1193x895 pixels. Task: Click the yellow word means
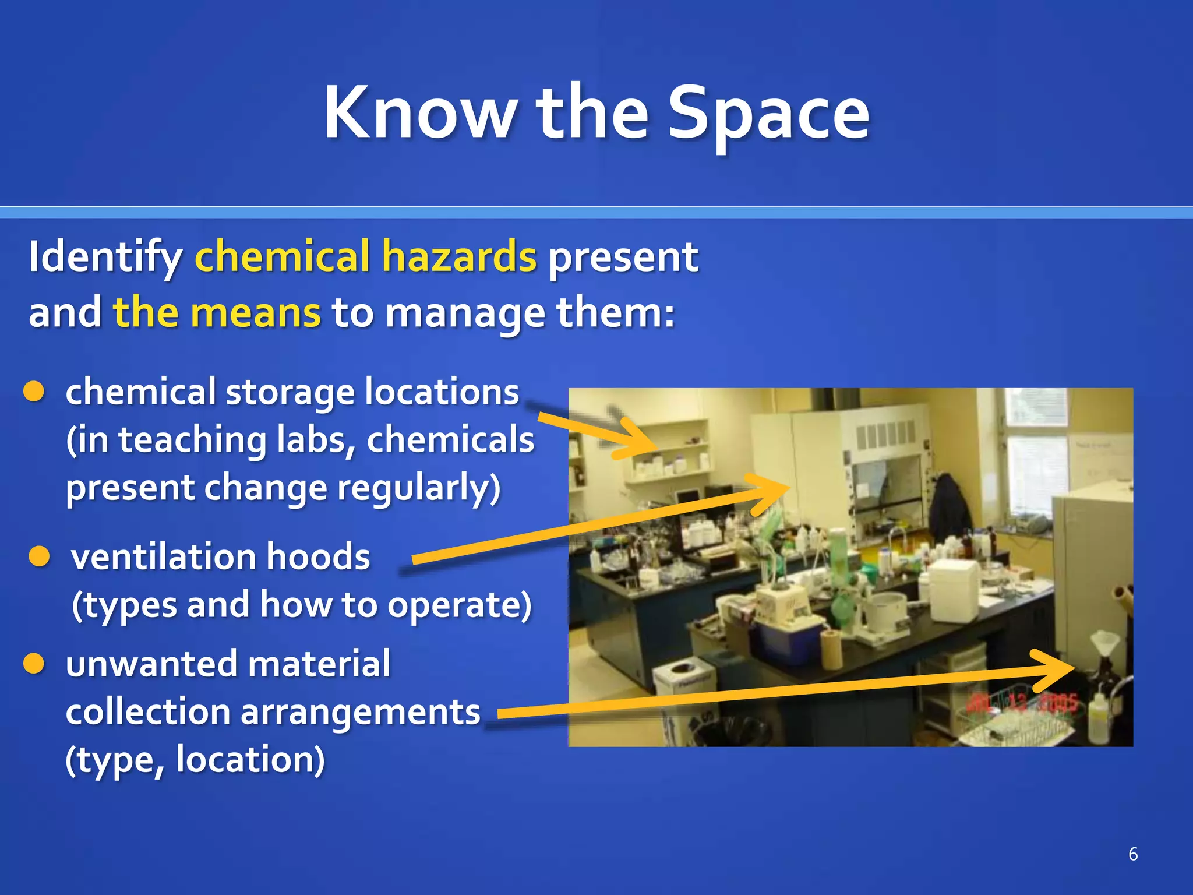tap(255, 313)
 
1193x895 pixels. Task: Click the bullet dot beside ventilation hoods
tap(39, 556)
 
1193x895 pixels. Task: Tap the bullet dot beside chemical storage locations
tap(34, 392)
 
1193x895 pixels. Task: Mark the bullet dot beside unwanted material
tap(34, 664)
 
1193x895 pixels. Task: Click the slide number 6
tap(1132, 854)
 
